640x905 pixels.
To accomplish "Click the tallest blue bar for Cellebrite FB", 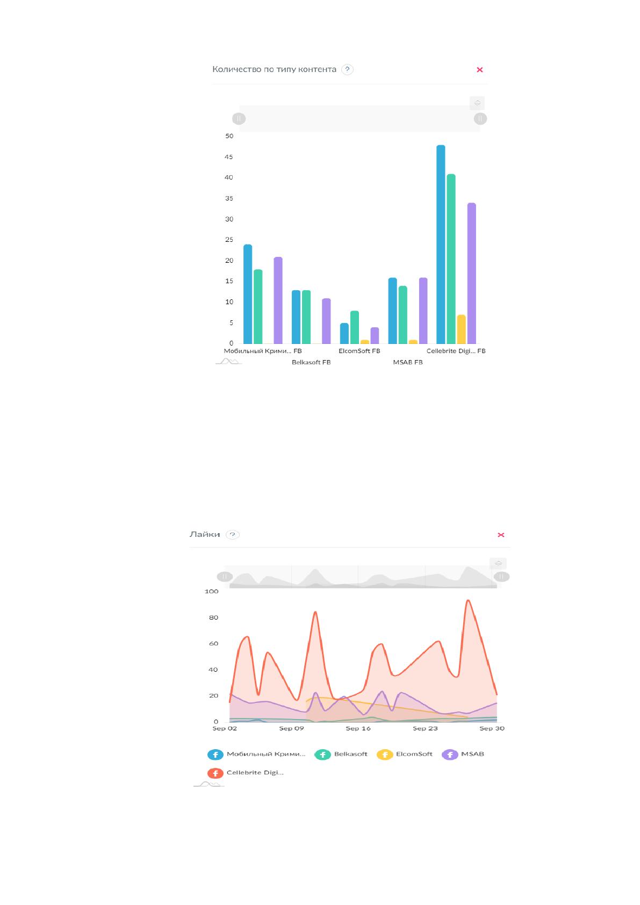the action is [441, 245].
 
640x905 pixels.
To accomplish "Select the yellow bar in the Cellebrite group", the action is [462, 329].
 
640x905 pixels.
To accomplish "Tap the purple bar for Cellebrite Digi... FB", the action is [471, 273].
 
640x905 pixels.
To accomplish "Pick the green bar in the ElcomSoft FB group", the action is [354, 327].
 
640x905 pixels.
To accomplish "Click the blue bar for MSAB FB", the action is [392, 311].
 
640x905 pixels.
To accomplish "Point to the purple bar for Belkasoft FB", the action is [326, 321].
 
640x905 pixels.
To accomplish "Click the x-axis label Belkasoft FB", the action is [311, 362].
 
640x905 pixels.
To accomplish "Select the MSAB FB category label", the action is [408, 362].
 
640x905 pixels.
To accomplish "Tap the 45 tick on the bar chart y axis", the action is [229, 157].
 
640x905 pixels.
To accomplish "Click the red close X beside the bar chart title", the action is [479, 70].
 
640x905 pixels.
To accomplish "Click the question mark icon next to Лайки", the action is [232, 535].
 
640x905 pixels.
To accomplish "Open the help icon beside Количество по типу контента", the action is [347, 69].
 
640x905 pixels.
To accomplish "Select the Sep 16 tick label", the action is [358, 728].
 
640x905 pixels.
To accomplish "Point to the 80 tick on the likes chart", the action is [213, 617].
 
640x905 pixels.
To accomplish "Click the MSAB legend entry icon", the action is [450, 755].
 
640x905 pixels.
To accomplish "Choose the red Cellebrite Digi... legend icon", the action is [215, 773].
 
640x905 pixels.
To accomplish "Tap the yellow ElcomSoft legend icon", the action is [385, 755].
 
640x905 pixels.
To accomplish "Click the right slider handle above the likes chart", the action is [501, 577].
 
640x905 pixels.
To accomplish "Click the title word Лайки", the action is [205, 535].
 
